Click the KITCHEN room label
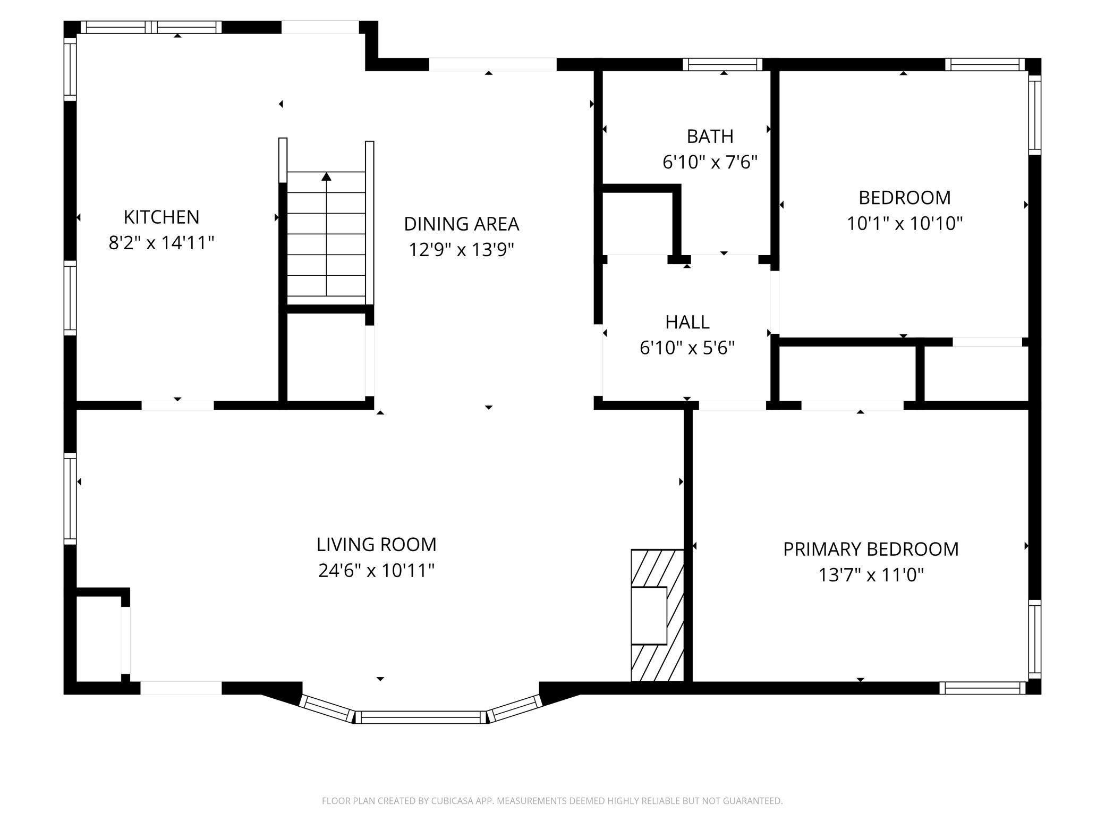161,217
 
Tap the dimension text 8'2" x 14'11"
161,243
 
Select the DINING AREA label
461,224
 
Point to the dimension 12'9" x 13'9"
461,249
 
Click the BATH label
710,137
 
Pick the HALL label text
687,322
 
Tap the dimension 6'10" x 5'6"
687,348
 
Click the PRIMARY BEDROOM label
871,549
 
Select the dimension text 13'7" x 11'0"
871,575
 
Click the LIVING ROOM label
376,545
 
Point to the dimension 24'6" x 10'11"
376,571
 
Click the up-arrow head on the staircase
326,176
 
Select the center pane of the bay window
421,717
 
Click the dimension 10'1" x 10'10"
904,223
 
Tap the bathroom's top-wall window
722,65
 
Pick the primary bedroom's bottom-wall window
982,688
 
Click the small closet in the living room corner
99,638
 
